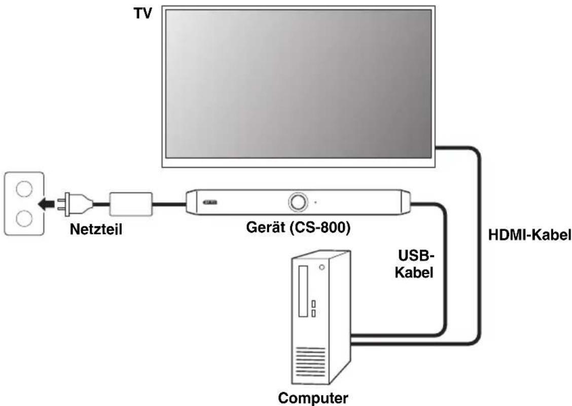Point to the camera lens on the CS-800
[x=296, y=202]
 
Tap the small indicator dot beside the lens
[x=315, y=202]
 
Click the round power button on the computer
[x=321, y=267]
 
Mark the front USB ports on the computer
[x=314, y=308]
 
